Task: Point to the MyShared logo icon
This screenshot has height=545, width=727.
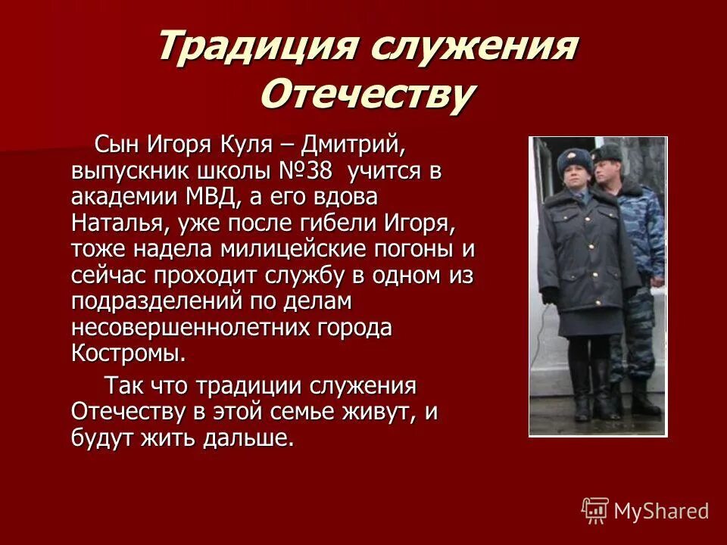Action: (x=595, y=511)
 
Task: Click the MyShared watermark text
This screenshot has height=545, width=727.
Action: (x=661, y=511)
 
